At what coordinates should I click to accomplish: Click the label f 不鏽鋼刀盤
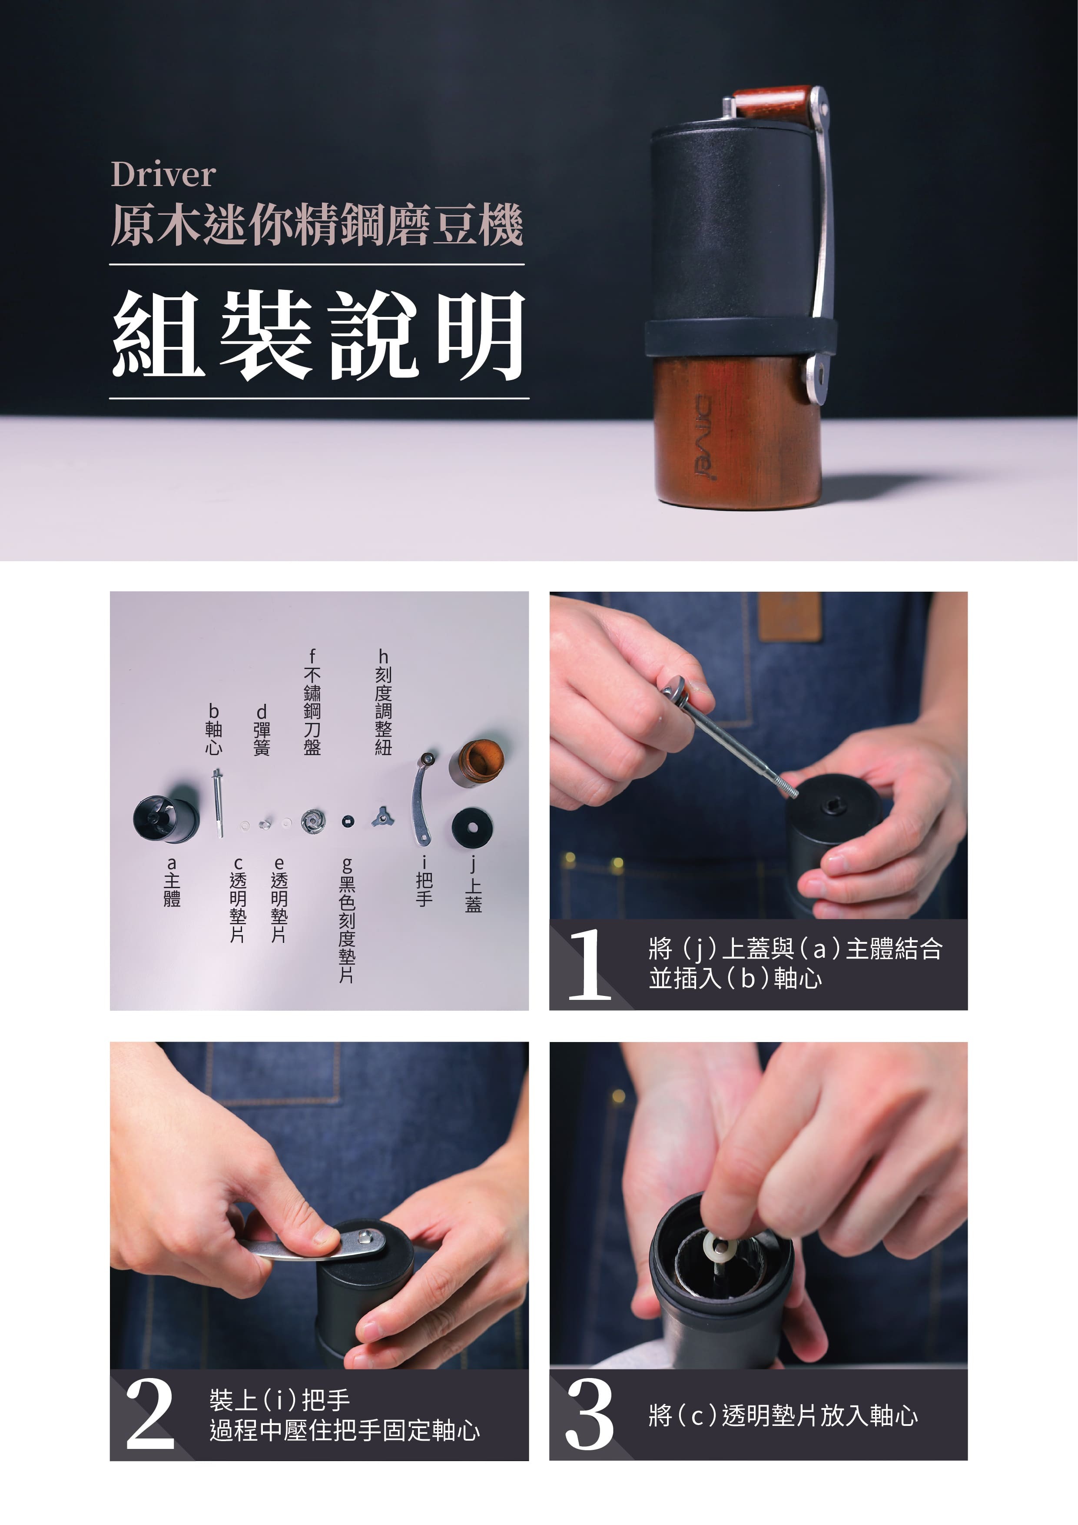click(x=312, y=702)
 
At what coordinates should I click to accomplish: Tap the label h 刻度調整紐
click(x=383, y=702)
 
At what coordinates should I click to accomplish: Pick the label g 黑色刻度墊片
click(x=346, y=920)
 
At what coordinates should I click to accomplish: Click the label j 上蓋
click(x=473, y=884)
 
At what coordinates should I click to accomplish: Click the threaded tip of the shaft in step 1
click(x=789, y=789)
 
